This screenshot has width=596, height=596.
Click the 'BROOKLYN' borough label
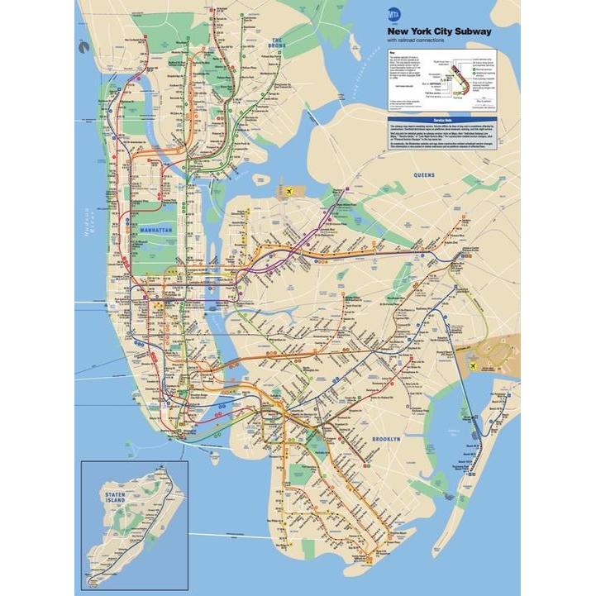(386, 439)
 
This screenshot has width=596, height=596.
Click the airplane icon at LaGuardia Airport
(289, 193)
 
